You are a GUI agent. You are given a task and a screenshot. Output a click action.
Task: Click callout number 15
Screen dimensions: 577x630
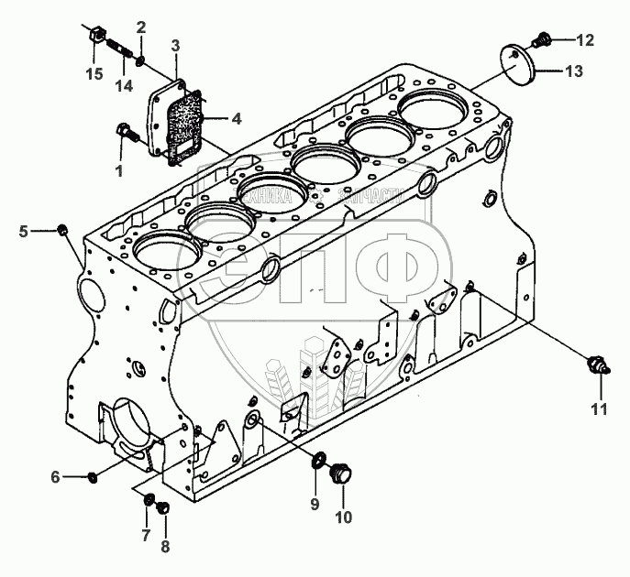pyautogui.click(x=94, y=72)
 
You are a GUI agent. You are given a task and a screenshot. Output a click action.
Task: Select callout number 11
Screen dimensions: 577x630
pyautogui.click(x=598, y=409)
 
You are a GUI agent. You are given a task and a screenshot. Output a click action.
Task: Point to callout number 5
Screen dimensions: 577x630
pyautogui.click(x=24, y=231)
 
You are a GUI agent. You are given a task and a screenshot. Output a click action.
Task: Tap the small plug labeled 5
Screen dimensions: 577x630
pyautogui.click(x=63, y=228)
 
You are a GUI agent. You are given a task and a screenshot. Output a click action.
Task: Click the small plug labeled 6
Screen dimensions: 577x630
pyautogui.click(x=94, y=476)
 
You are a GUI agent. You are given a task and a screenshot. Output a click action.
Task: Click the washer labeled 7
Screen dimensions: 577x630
pyautogui.click(x=149, y=498)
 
